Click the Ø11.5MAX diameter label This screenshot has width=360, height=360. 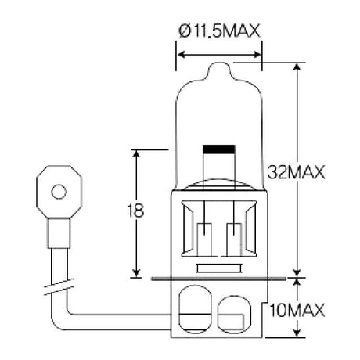point(219,31)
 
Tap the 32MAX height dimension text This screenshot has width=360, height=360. point(297,172)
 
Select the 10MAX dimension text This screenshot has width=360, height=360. point(297,311)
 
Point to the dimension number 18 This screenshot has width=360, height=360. point(135,211)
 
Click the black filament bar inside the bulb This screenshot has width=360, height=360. point(219,149)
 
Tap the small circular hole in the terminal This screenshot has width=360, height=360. point(59,192)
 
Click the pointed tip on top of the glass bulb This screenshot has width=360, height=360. point(219,63)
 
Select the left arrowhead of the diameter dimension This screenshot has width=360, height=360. point(181,55)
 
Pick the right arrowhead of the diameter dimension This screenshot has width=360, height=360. point(257,55)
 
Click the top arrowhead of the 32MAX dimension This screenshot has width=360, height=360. point(297,67)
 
